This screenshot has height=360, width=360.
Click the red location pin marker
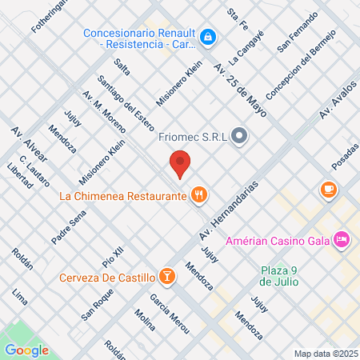[x=181, y=164]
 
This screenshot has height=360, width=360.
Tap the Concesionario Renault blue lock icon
[x=207, y=36]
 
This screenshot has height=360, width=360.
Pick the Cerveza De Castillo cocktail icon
[x=166, y=277]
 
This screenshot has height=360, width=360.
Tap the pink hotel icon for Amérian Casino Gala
[x=342, y=239]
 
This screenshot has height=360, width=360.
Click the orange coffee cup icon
[x=328, y=189]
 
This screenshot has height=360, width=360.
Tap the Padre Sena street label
[x=68, y=227]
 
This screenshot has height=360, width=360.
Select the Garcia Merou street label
[x=165, y=308]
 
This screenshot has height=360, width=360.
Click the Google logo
[x=26, y=350]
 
